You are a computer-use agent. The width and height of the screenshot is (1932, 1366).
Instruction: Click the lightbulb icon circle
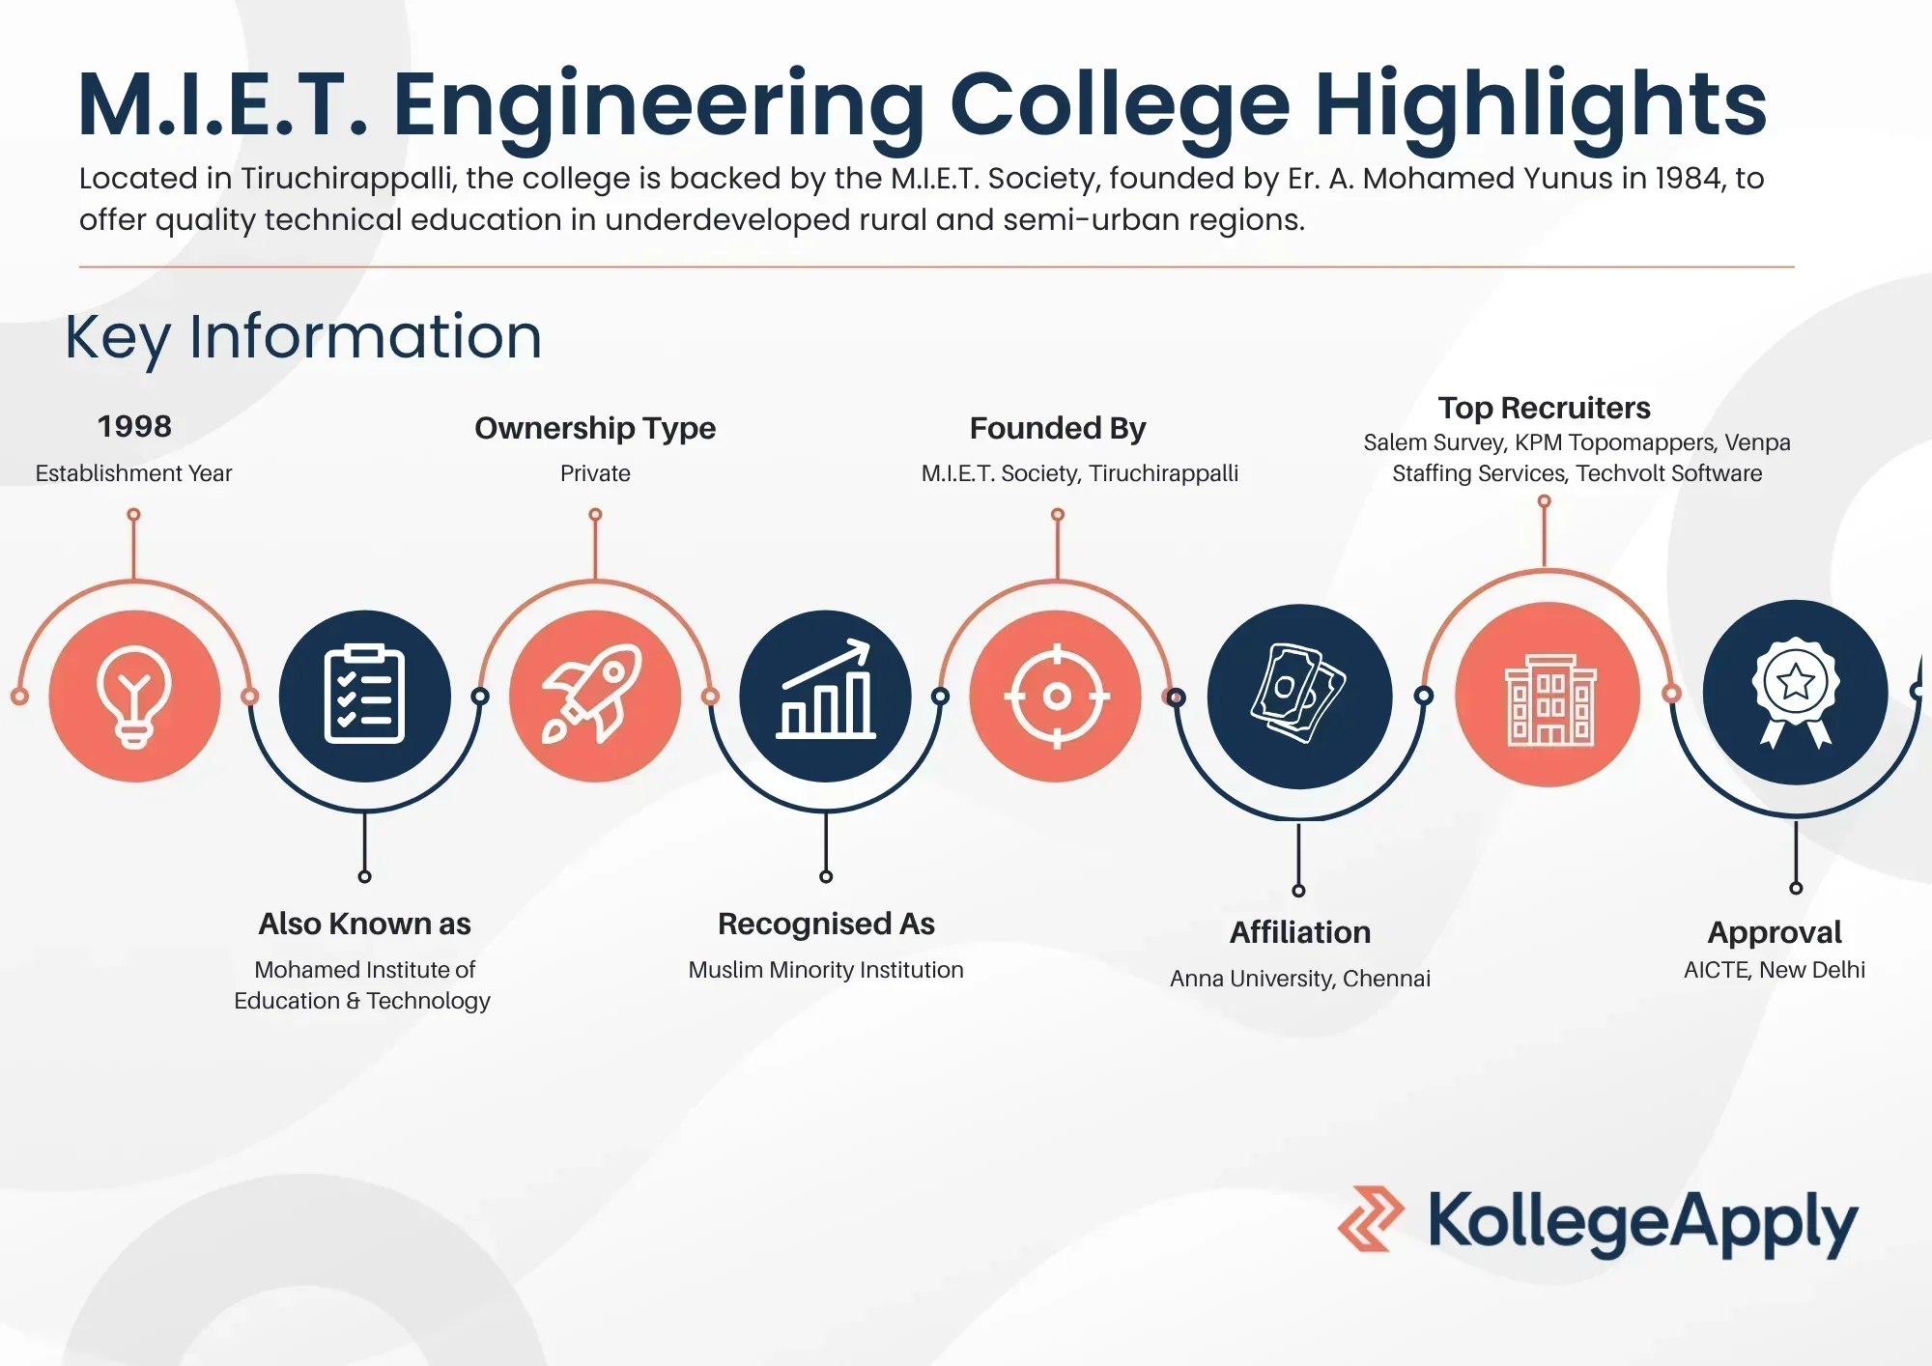(x=134, y=696)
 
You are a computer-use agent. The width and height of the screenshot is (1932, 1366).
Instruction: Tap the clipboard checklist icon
(x=364, y=694)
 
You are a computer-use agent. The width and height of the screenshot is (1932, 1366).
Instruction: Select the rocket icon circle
(x=595, y=696)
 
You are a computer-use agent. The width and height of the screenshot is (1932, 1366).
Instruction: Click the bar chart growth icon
(x=826, y=690)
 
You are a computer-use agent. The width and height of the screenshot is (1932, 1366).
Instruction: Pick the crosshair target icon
(x=1057, y=696)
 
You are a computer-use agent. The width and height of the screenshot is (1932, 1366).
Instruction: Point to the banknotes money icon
(x=1298, y=694)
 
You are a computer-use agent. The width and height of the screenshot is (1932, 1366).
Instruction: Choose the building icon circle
(x=1548, y=695)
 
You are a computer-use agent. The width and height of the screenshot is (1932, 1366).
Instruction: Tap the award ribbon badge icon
(x=1796, y=692)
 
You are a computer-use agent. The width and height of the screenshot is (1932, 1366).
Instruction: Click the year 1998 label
(x=134, y=426)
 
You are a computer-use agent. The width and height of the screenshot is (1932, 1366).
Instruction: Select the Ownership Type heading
(x=595, y=428)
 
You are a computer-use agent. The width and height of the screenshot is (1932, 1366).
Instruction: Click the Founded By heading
(x=1058, y=428)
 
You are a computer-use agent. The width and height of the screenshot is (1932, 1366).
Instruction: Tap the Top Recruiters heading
(x=1544, y=408)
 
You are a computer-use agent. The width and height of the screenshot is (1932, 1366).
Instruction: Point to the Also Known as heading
(x=365, y=924)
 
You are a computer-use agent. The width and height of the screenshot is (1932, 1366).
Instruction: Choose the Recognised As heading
(x=826, y=925)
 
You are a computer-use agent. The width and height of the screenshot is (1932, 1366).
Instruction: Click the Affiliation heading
(x=1300, y=932)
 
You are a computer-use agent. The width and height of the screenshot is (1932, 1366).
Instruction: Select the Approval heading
(x=1775, y=933)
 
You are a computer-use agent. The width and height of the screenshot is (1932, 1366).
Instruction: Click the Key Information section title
(x=303, y=338)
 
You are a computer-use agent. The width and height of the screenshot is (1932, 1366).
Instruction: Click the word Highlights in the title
(x=1541, y=106)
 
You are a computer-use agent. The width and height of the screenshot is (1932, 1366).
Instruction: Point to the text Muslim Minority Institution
(x=826, y=970)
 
